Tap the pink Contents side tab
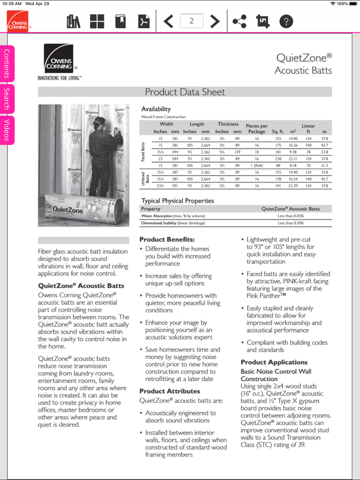[7, 64]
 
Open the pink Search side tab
[7, 99]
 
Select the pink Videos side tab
[7, 130]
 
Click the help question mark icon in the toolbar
[286, 21]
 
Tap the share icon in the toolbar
[239, 21]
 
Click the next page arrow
[215, 21]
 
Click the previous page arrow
[168, 21]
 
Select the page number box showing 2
[191, 21]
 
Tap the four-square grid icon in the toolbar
[97, 21]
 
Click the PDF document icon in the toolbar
[142, 21]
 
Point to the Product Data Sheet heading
[185, 92]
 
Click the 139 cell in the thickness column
[238, 152]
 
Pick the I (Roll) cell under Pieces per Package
[257, 165]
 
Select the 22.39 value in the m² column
[293, 186]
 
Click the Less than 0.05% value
[291, 216]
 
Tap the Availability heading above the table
[156, 109]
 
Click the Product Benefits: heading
[167, 239]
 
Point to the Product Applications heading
[274, 362]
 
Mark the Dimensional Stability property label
[173, 223]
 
